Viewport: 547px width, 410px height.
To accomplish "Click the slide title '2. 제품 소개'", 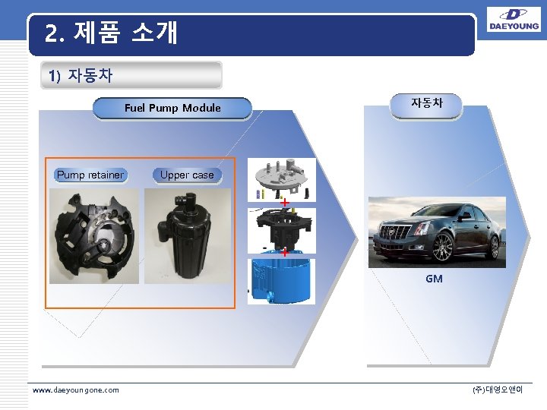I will point(111,33).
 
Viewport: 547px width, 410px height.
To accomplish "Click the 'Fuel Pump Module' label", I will point(172,108).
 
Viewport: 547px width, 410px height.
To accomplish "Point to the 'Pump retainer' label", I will point(90,175).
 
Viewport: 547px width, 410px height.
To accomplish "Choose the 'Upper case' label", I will point(187,175).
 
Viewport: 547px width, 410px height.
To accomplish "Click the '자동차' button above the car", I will point(426,102).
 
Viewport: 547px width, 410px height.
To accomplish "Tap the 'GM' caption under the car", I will point(434,279).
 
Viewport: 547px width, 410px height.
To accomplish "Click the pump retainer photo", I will point(94,236).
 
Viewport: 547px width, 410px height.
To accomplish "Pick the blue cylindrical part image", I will point(282,281).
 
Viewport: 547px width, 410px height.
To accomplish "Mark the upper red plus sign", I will point(283,203).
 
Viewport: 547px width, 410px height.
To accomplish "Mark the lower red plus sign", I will point(283,252).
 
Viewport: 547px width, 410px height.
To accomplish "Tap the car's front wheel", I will point(442,248).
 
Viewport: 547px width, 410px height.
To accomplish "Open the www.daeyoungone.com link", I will point(76,389).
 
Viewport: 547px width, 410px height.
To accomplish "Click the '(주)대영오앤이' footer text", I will point(498,389).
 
